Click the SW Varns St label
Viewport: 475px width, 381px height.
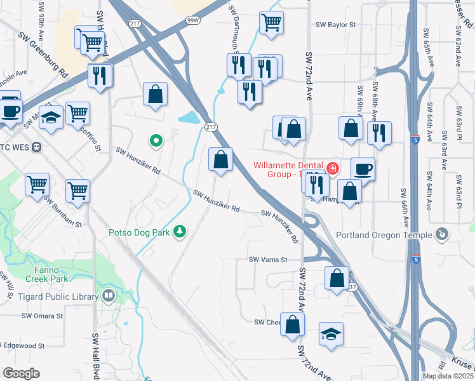[x=268, y=260]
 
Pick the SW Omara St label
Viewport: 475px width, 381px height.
[x=43, y=316]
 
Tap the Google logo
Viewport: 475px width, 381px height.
[x=21, y=373]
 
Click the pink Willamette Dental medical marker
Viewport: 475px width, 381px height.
[x=333, y=168]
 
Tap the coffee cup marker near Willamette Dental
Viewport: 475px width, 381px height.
[x=363, y=169]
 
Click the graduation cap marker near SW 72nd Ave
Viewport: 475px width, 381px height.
[x=330, y=335]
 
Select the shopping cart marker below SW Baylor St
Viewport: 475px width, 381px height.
[x=271, y=22]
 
